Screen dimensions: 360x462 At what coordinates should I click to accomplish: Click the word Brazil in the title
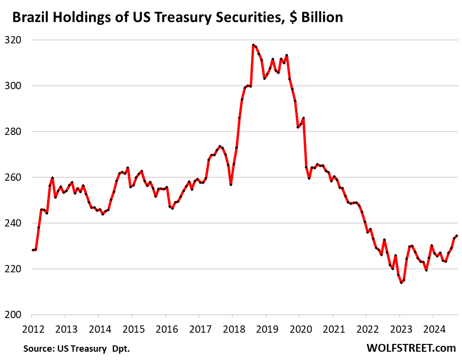tap(29, 18)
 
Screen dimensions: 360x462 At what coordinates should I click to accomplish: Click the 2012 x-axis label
tap(32, 329)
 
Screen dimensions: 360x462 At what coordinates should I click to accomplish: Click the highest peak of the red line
tap(253, 45)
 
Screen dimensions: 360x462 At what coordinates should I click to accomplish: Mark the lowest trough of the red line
tap(401, 283)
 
